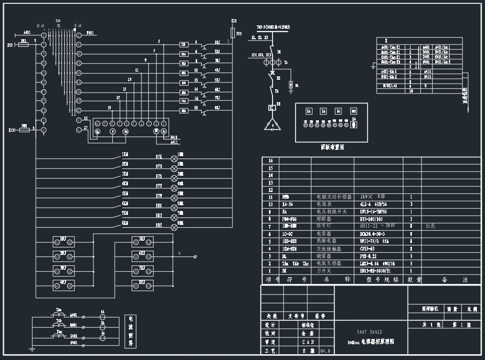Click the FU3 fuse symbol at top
(x=232, y=32)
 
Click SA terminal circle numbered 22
(x=79, y=110)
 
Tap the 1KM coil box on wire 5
(x=183, y=45)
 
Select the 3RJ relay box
(x=63, y=271)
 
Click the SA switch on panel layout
(x=354, y=125)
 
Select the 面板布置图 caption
(x=332, y=148)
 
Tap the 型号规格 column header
(x=378, y=280)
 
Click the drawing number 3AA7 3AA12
(x=369, y=332)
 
